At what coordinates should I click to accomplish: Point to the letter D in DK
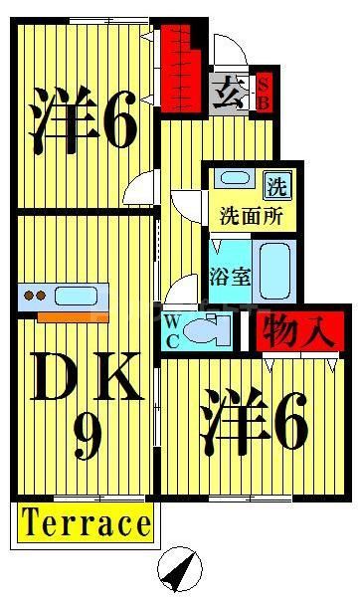coord(55,379)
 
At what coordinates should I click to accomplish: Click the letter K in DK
coord(118,379)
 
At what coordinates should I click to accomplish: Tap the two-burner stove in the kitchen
coord(35,296)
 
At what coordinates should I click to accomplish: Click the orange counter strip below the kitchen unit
coord(73,315)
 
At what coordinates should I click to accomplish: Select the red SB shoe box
coord(265,92)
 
